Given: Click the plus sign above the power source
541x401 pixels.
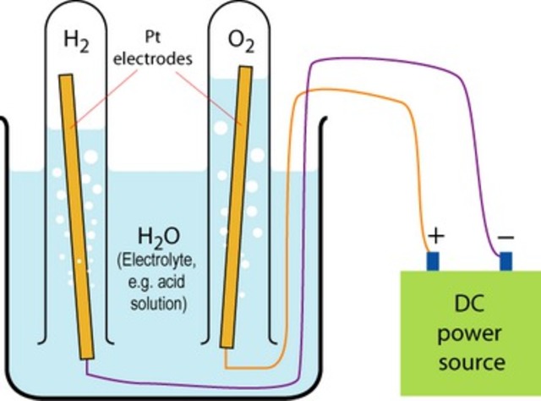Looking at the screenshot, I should (434, 238).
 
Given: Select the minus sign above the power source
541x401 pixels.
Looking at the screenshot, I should (505, 238).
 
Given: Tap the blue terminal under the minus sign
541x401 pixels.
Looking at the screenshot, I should (505, 261).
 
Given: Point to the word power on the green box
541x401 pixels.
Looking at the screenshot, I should (469, 333).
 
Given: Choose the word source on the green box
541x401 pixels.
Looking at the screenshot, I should (469, 362).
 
